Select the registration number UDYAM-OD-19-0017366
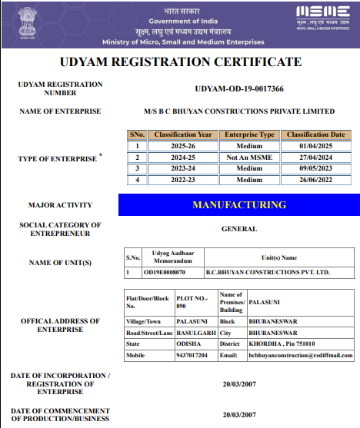coord(239,89)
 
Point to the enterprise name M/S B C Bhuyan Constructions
coord(239,111)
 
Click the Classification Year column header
coord(183,134)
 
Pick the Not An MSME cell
coord(249,157)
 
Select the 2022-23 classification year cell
coord(183,180)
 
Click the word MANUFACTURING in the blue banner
coord(239,205)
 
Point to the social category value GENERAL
coord(239,228)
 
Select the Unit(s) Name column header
coord(279,258)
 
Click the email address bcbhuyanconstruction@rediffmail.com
coord(300,355)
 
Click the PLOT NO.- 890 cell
coord(192,300)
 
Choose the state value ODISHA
coord(188,344)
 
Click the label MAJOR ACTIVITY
coord(60,205)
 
